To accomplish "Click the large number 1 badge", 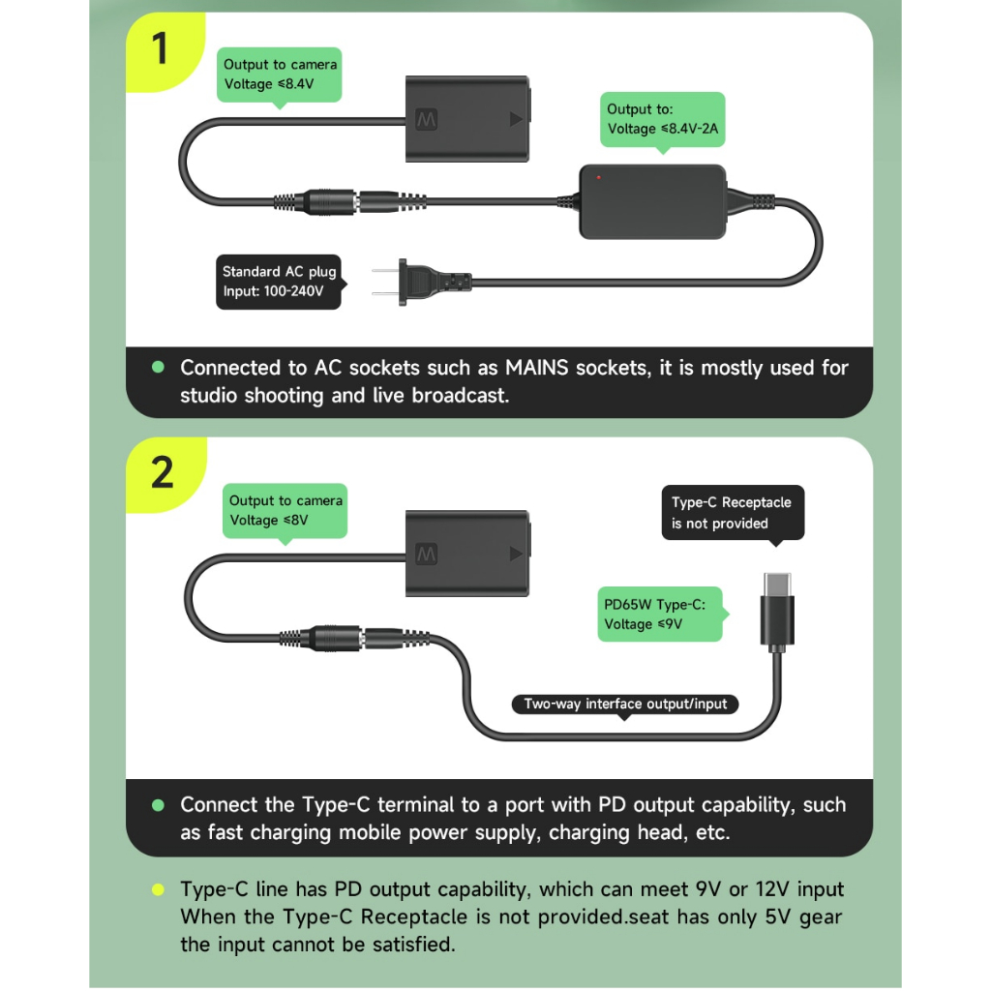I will click(x=161, y=47).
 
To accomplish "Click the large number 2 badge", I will click(x=162, y=472).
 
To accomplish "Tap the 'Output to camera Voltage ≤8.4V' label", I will click(x=281, y=74).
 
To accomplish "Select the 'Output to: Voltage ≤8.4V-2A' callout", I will click(x=662, y=119).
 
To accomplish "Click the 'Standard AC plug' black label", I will click(x=279, y=282).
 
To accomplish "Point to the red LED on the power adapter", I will click(x=599, y=177).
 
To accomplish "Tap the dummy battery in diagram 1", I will click(x=468, y=119).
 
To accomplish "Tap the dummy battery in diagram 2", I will click(x=468, y=553).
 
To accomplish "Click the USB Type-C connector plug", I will click(x=777, y=612).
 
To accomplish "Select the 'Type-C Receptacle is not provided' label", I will click(x=732, y=513).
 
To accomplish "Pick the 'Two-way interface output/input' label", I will click(x=625, y=704).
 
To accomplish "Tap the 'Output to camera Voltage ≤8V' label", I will click(x=285, y=510).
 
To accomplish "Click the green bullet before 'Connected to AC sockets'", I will click(x=159, y=368).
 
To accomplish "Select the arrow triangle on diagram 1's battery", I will click(x=514, y=120).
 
